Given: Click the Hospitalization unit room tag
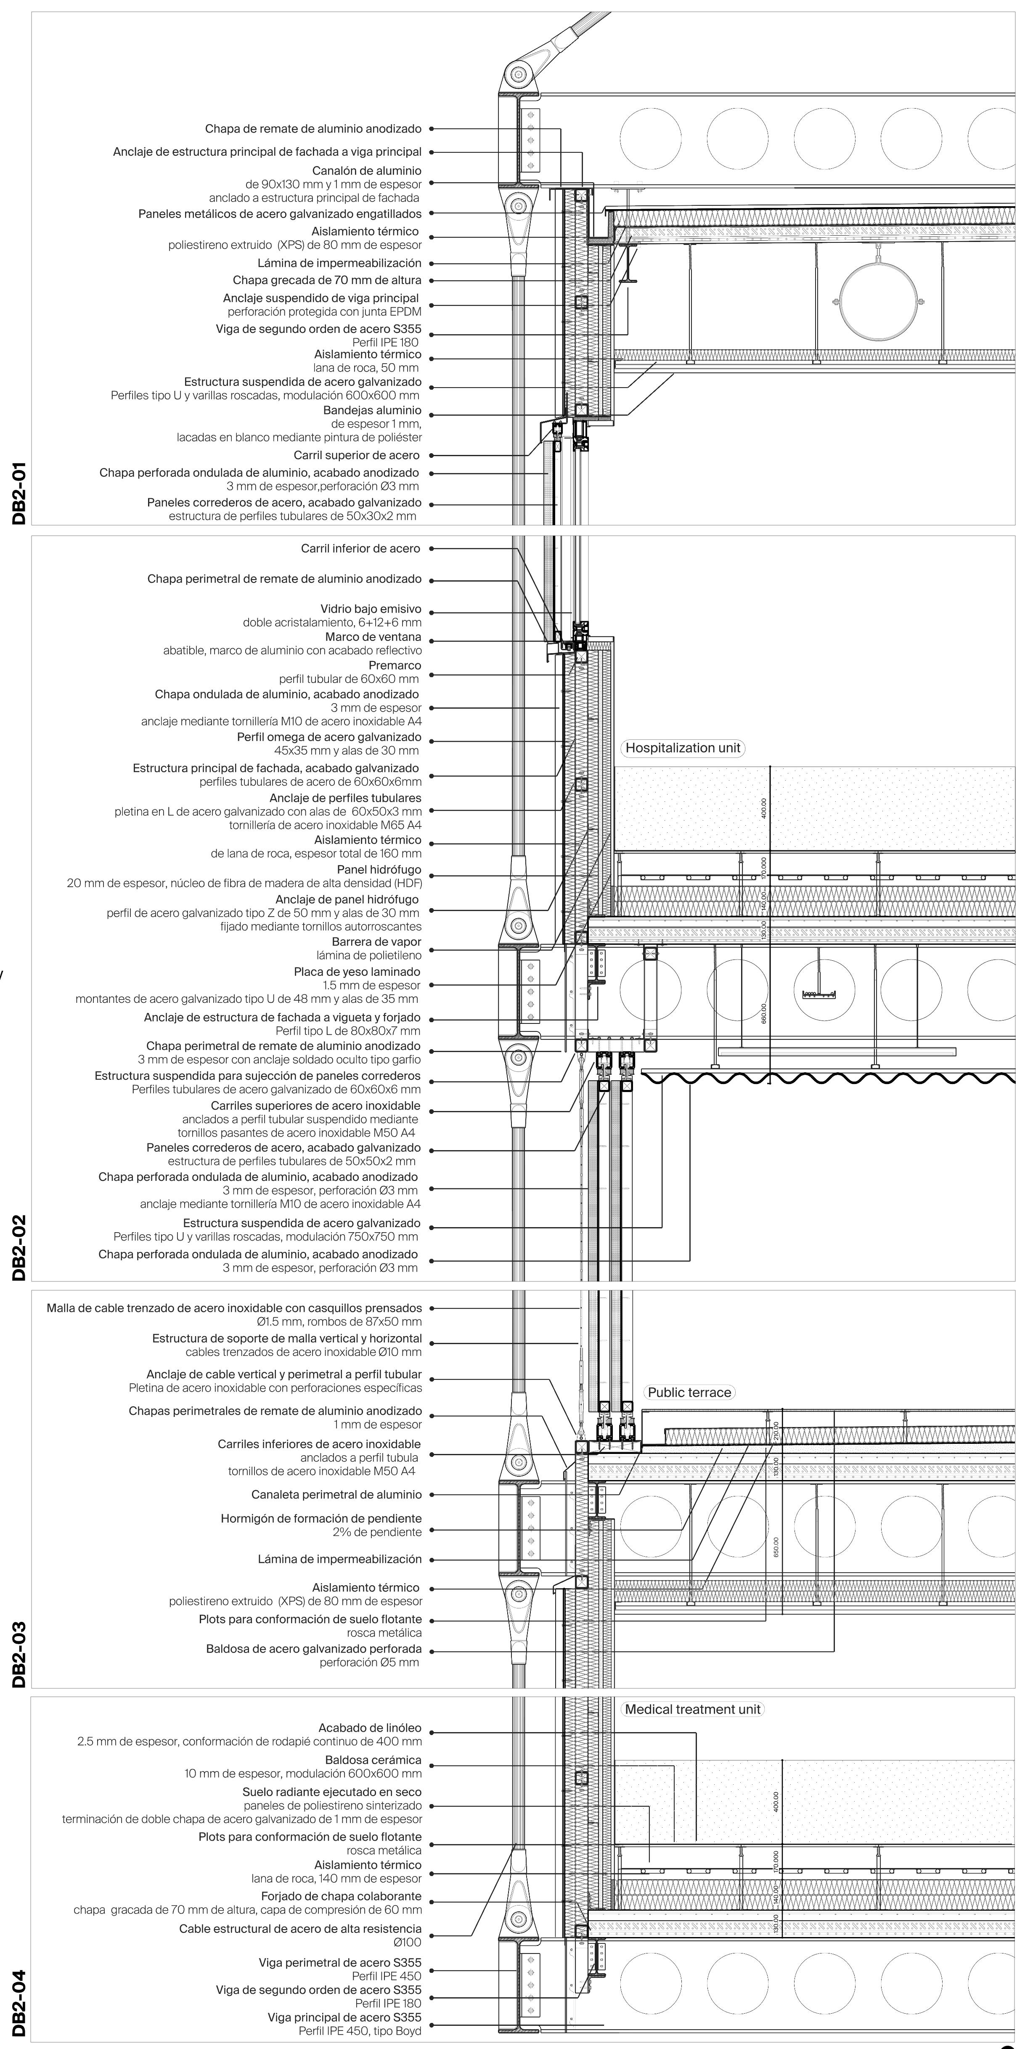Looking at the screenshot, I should coord(682,748).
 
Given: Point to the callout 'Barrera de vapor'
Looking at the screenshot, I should coord(377,942).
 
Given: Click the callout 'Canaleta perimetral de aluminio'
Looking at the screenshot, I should coord(336,1495).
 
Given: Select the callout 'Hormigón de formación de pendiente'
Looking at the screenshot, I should coord(321,1518).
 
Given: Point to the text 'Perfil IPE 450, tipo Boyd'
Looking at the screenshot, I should coord(360,2031).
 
